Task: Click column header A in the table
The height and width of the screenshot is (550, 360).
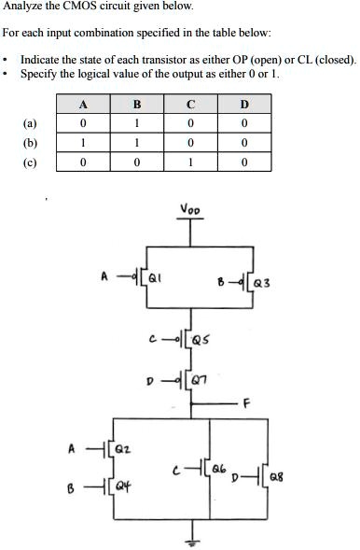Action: click(x=84, y=104)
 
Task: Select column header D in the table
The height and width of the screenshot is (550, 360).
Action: click(x=246, y=104)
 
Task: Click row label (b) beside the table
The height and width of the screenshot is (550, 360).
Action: click(x=31, y=143)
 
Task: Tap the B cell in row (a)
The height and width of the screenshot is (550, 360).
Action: click(x=137, y=122)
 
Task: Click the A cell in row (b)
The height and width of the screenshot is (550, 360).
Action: click(x=84, y=143)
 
